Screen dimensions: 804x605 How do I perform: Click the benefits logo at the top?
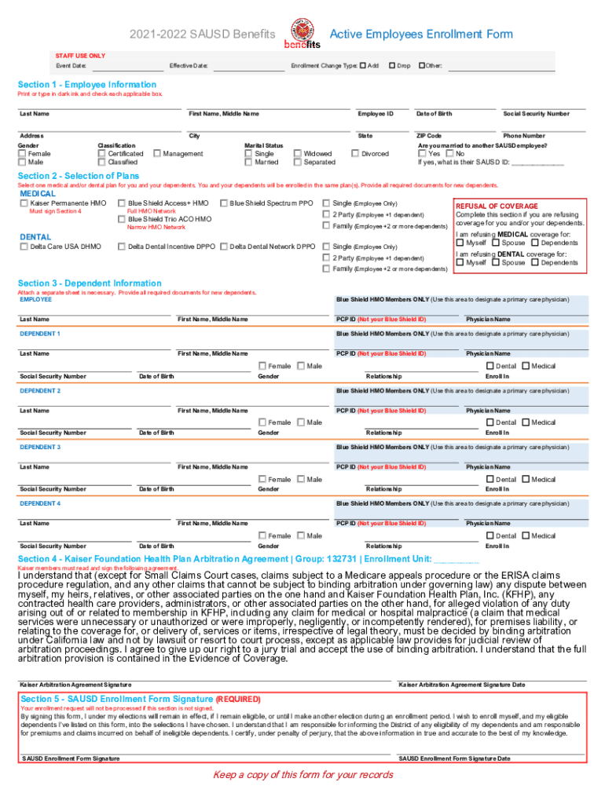(302, 35)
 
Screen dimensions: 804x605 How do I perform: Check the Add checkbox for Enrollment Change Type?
(363, 65)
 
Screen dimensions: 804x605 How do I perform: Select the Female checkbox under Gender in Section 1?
(22, 154)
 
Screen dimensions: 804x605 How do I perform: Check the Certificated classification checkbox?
(101, 154)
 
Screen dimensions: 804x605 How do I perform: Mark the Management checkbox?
(157, 154)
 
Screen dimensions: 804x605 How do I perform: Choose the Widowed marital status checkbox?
(298, 154)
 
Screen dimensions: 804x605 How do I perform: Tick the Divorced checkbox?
(355, 154)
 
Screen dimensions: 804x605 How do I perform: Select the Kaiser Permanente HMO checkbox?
(24, 203)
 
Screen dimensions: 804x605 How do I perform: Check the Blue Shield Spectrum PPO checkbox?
(224, 203)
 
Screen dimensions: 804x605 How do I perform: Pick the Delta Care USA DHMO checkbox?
(24, 247)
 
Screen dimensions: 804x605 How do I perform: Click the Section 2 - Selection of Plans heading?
(79, 176)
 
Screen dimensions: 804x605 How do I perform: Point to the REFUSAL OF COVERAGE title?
(496, 206)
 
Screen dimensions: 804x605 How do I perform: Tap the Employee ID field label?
(376, 114)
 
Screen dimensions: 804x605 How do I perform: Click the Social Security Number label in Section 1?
(536, 114)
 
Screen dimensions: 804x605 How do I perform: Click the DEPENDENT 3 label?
(40, 447)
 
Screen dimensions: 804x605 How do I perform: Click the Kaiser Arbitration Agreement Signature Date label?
(462, 685)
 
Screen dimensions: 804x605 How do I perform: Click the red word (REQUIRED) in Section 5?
(239, 699)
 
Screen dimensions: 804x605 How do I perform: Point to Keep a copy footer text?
(302, 775)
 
